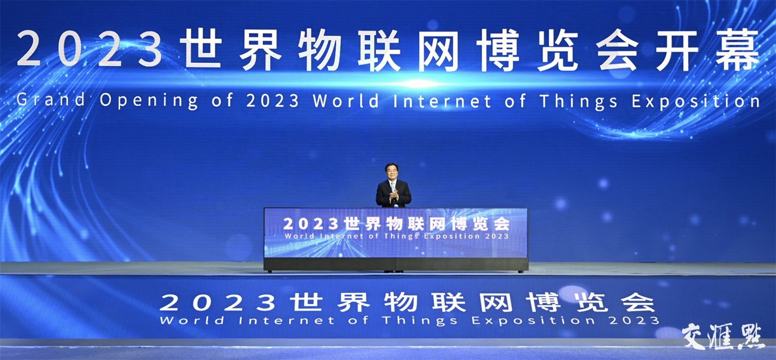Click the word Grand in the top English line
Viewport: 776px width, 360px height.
51,100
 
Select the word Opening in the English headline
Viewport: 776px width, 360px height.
148,101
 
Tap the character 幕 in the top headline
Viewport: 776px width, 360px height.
738,50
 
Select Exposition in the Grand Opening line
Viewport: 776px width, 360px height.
696,102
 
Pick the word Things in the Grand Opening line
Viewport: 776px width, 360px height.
578,102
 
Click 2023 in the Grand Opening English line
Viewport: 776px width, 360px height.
272,101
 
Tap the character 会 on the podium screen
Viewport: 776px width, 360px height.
502,224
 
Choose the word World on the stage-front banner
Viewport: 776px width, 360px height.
192,320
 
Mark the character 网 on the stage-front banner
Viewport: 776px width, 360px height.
496,302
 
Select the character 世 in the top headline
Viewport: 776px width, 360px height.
200,49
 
